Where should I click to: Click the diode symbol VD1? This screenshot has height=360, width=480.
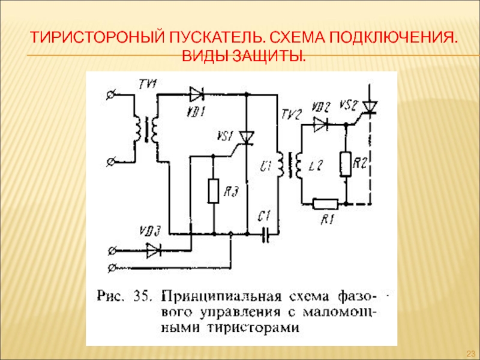197,94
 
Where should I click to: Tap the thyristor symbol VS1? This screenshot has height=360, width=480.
247,138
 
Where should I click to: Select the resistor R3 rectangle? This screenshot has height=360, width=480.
214,191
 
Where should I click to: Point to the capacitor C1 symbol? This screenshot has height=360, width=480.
266,235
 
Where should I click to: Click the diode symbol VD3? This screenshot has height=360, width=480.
154,251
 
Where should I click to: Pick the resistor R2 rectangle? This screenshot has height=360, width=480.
346,164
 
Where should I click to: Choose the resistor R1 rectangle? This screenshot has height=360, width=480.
325,203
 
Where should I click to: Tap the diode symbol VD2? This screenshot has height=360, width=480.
320,125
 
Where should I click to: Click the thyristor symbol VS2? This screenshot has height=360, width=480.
370,107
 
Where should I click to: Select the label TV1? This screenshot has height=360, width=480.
148,83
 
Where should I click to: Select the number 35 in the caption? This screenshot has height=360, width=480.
142,296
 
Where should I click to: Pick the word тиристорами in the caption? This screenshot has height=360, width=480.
253,328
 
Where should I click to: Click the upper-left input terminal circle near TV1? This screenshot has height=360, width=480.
110,95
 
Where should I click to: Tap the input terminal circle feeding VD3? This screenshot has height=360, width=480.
112,251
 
